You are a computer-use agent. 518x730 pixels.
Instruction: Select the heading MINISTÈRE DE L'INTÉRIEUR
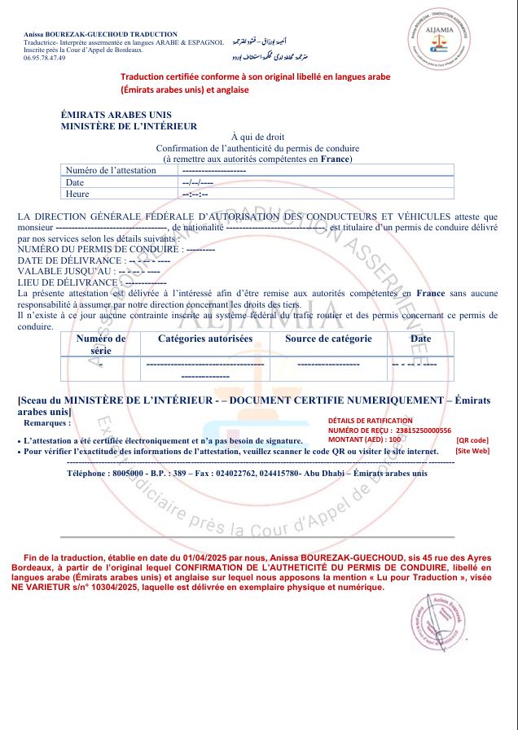129,126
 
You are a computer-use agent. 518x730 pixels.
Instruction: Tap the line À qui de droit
257,138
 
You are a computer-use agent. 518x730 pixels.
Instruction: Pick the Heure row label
76,194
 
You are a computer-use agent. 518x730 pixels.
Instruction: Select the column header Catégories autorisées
205,339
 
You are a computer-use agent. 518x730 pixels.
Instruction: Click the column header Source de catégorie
328,339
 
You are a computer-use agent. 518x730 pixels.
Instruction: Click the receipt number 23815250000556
423,431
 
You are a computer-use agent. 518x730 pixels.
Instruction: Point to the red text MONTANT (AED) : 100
364,439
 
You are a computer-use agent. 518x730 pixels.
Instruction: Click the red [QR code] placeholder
472,439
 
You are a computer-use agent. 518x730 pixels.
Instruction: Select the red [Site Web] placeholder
472,450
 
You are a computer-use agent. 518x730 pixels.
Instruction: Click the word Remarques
47,423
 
